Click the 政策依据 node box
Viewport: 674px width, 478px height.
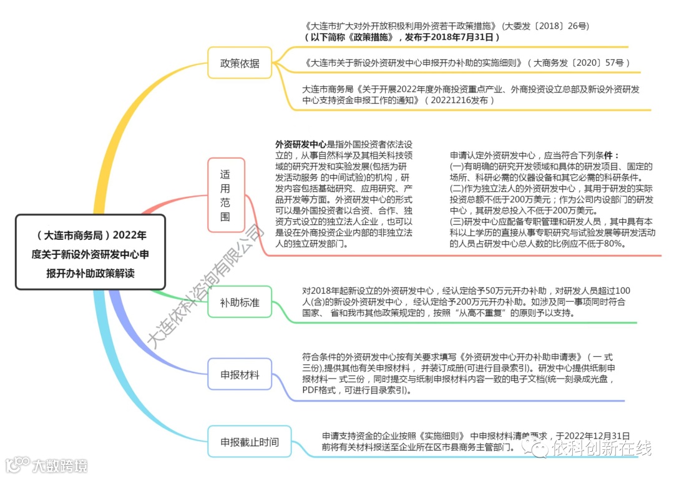[240, 63]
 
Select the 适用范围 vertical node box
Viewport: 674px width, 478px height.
[225, 195]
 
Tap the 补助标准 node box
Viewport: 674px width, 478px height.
[240, 303]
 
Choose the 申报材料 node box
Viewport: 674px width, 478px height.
[240, 375]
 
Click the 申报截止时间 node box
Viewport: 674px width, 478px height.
[249, 442]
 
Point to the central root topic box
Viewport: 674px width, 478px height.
[90, 253]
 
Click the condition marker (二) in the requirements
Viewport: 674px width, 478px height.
[456, 188]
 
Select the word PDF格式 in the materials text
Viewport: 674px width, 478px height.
[319, 391]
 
